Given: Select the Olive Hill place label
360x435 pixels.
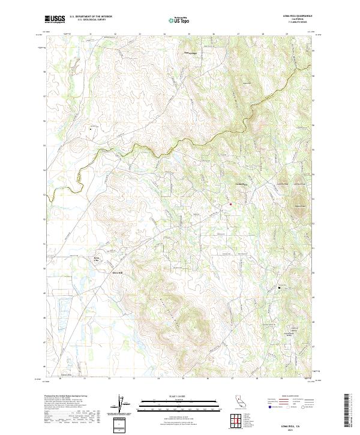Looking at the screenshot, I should click(117, 272).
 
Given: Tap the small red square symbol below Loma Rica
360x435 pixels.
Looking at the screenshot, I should click(230, 205).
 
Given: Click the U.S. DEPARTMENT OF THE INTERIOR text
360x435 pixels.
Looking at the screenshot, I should click(91, 17).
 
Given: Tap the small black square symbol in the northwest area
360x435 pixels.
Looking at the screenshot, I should click(91, 128).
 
